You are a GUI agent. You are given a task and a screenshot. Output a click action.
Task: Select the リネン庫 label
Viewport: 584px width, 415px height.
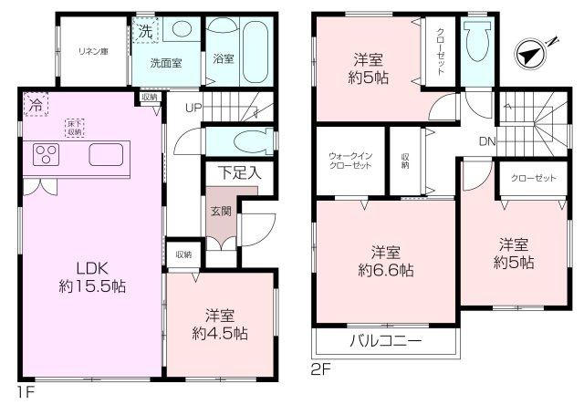click(x=93, y=51)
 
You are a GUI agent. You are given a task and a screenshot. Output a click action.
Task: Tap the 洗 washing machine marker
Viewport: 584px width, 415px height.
click(x=146, y=31)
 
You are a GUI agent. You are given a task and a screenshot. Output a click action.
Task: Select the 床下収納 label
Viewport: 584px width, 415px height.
click(x=74, y=127)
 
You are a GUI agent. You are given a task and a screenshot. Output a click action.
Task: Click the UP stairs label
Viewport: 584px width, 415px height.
click(x=193, y=108)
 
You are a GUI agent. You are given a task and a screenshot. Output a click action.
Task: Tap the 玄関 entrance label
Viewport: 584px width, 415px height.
click(x=220, y=211)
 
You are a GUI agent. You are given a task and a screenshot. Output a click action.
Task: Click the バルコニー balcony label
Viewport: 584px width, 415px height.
click(x=385, y=343)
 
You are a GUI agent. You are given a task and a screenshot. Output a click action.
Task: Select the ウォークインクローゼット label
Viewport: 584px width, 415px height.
click(x=350, y=161)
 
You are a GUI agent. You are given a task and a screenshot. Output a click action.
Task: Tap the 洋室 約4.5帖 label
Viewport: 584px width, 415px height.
click(x=220, y=325)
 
